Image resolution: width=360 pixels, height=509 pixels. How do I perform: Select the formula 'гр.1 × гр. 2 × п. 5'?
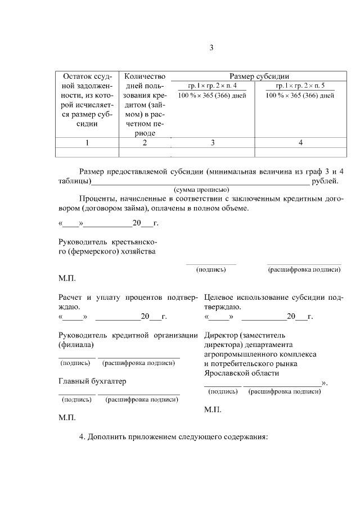click(x=300, y=85)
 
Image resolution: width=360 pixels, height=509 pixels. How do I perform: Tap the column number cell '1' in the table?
click(x=87, y=143)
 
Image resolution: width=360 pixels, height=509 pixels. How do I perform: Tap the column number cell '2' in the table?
click(x=145, y=143)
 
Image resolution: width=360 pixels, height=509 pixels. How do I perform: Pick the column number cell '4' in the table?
click(x=300, y=143)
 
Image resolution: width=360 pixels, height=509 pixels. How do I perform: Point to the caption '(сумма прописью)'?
click(x=201, y=190)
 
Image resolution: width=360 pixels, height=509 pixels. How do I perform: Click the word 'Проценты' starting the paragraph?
click(x=96, y=199)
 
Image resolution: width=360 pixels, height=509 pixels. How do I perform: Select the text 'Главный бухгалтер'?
click(x=92, y=381)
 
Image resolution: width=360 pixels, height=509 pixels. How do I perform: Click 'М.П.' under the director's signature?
click(x=213, y=409)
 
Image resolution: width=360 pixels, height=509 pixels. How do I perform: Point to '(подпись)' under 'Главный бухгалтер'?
click(x=77, y=400)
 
